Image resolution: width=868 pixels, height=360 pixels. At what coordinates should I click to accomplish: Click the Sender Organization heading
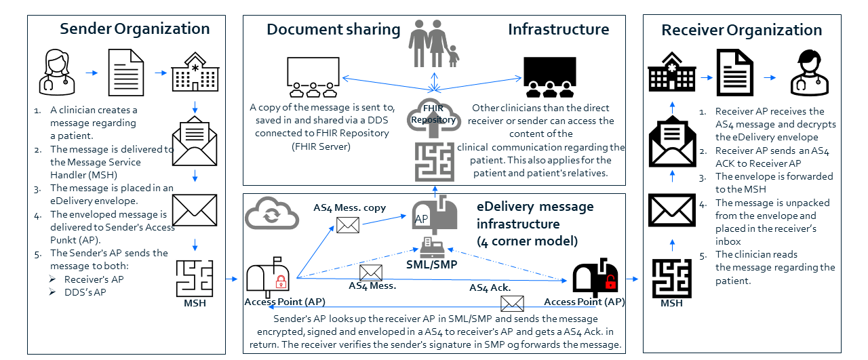click(x=134, y=28)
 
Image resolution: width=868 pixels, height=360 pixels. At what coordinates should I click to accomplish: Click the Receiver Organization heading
click(x=741, y=31)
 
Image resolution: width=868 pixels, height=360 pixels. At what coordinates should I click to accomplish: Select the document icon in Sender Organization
click(x=127, y=72)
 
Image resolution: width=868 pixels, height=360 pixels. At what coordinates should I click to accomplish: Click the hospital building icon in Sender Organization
click(x=195, y=72)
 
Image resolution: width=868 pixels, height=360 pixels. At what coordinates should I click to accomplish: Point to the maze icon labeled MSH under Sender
click(x=195, y=277)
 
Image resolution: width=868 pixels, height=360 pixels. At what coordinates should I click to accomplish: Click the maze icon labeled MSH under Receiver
click(x=671, y=277)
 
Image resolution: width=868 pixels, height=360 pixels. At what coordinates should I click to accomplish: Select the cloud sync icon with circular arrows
click(x=271, y=214)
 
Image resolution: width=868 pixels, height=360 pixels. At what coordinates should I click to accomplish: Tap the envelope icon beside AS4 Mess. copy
click(x=348, y=224)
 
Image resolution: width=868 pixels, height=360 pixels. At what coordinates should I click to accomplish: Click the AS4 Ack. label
click(x=490, y=287)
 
